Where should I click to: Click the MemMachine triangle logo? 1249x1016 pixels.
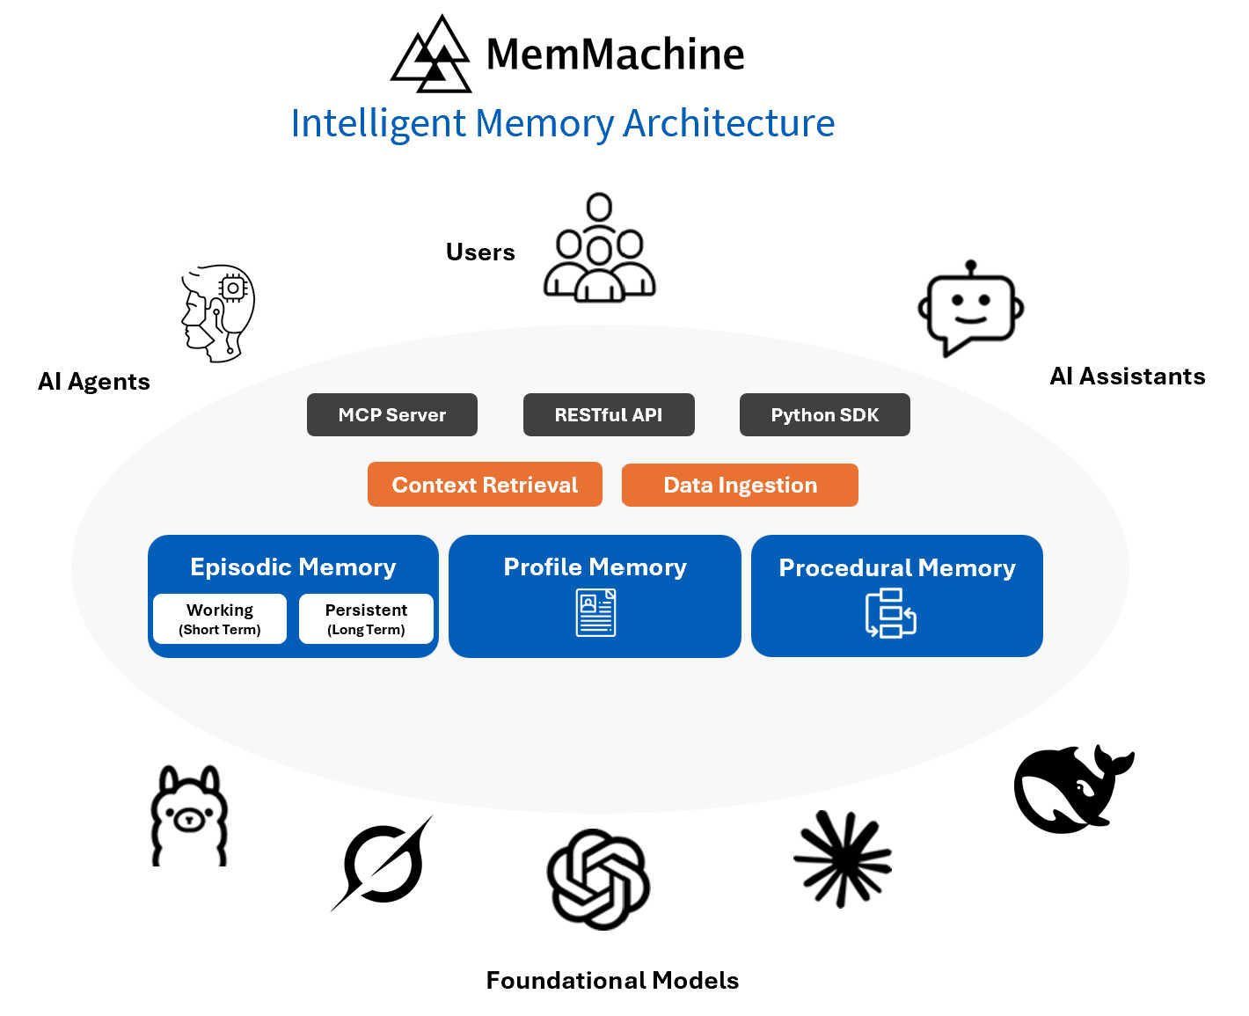tap(432, 55)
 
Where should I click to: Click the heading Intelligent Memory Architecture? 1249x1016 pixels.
tap(562, 123)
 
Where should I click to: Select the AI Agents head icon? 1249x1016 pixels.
tap(218, 313)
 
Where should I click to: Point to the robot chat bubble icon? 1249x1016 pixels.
tap(970, 309)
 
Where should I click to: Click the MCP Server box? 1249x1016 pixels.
tap(391, 415)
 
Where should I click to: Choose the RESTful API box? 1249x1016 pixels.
tap(609, 415)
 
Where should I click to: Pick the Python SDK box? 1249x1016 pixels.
tap(824, 415)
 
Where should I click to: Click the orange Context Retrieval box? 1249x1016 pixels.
tap(485, 485)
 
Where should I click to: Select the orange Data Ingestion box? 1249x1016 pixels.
tap(740, 486)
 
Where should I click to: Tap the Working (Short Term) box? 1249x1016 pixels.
tap(220, 619)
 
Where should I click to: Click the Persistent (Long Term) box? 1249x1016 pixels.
tap(366, 619)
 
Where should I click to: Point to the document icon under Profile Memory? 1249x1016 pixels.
tap(595, 613)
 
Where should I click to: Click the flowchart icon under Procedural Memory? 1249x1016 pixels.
tap(890, 613)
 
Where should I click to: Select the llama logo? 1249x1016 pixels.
tap(189, 816)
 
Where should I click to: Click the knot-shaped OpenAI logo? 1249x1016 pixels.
tap(598, 879)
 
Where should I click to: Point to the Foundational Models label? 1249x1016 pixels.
tap(612, 981)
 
